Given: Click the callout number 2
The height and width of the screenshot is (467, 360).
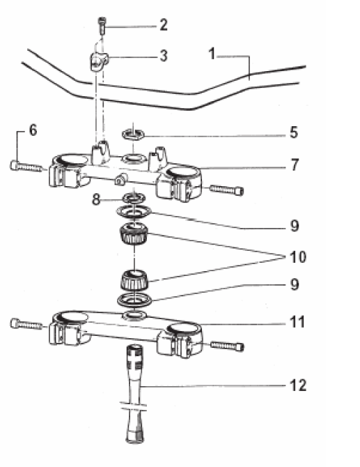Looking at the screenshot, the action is (164, 24).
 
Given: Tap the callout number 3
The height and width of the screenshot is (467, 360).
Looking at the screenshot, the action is (164, 56).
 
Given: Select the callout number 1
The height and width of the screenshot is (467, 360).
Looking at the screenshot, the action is (212, 54).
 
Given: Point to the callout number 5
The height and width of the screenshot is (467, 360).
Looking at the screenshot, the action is (294, 132).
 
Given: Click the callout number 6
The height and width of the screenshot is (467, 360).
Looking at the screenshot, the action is (33, 130).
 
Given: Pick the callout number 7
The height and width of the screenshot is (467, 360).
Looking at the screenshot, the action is (295, 164).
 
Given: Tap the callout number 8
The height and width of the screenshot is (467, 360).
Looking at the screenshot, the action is (96, 199).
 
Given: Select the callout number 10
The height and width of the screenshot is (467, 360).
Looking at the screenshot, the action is (298, 257).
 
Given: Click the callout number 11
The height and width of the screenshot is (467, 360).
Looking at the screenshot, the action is (297, 322).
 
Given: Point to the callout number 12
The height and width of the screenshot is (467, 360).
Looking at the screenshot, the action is (298, 385).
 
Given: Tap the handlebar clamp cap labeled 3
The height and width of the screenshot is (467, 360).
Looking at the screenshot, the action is (99, 61).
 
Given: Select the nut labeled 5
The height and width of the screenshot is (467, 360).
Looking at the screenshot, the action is (133, 134).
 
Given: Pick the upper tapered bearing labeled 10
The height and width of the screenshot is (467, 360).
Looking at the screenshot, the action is (134, 233).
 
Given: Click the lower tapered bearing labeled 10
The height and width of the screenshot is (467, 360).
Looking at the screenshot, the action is (134, 280).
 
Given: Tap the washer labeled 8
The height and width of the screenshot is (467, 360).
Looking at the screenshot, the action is (134, 197).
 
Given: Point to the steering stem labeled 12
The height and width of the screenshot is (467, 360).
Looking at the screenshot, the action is (135, 393).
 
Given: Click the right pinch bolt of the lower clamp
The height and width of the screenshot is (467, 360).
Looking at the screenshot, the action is (227, 346).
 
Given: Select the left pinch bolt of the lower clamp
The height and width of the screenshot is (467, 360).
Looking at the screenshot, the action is (26, 324).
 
